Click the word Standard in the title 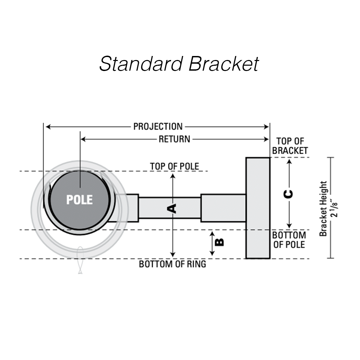(141, 64)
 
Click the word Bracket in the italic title (223, 64)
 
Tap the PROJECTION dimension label (158, 127)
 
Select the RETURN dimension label (174, 139)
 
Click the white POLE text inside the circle (79, 200)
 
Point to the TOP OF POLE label (174, 166)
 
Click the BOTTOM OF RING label (172, 264)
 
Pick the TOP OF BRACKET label (290, 146)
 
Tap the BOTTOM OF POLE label (289, 240)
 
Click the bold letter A (172, 209)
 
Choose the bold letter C (289, 194)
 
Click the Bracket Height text (323, 209)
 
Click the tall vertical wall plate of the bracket (258, 208)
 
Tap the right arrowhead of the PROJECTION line (267, 127)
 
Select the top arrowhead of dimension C (289, 161)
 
